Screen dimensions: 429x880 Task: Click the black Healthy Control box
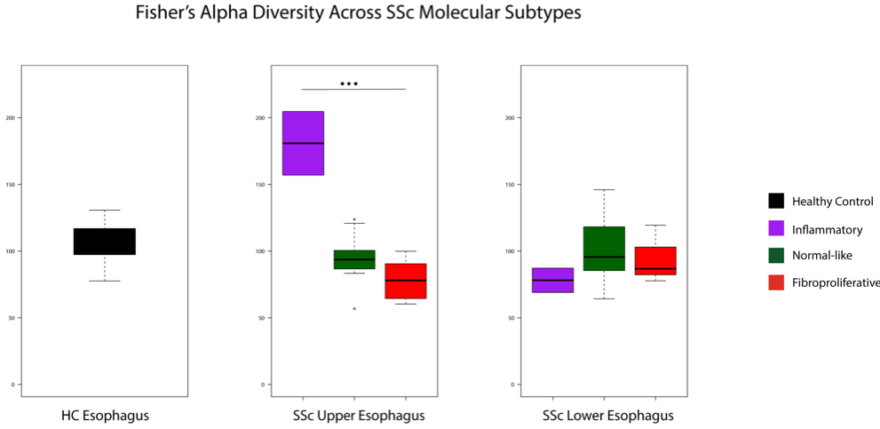(104, 242)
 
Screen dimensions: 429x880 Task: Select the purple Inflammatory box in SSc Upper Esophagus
(303, 143)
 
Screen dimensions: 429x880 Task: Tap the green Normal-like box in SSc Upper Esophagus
(354, 259)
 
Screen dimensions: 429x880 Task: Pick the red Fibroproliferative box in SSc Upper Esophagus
(405, 281)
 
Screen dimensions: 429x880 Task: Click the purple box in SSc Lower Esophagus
(552, 280)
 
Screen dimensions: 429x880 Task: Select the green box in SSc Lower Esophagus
(604, 249)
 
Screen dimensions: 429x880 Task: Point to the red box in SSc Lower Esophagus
(655, 261)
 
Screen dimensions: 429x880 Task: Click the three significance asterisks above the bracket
(349, 84)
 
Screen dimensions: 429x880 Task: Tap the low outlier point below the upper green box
(354, 308)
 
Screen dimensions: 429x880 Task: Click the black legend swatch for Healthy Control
(775, 202)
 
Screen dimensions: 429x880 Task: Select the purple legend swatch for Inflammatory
(775, 229)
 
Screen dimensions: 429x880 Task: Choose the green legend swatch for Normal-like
(775, 256)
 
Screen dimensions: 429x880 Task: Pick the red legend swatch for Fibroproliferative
(775, 282)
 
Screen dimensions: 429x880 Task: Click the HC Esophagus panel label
(105, 416)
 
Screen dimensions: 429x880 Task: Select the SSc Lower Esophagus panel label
(607, 416)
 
